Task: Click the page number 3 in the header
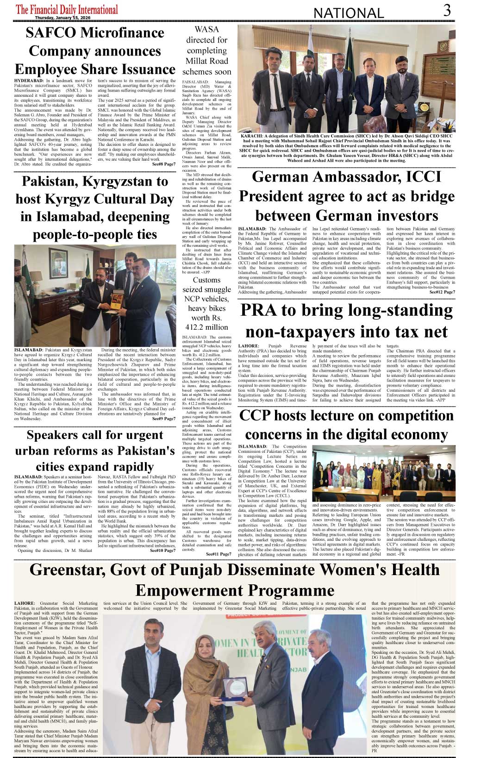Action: pyautogui.click(x=447, y=10)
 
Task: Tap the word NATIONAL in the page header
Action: pyautogui.click(x=349, y=13)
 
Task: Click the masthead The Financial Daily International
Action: pyautogui.click(x=67, y=9)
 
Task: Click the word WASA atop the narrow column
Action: pyautogui.click(x=206, y=29)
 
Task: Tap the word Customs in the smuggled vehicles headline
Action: pyautogui.click(x=206, y=280)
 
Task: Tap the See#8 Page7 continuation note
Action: pyautogui.click(x=164, y=164)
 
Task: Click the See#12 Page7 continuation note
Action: pyautogui.click(x=442, y=292)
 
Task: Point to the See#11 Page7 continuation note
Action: pyautogui.click(x=219, y=554)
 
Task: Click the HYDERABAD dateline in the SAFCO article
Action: pyautogui.click(x=29, y=81)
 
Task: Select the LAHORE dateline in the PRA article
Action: pyautogui.click(x=248, y=346)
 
